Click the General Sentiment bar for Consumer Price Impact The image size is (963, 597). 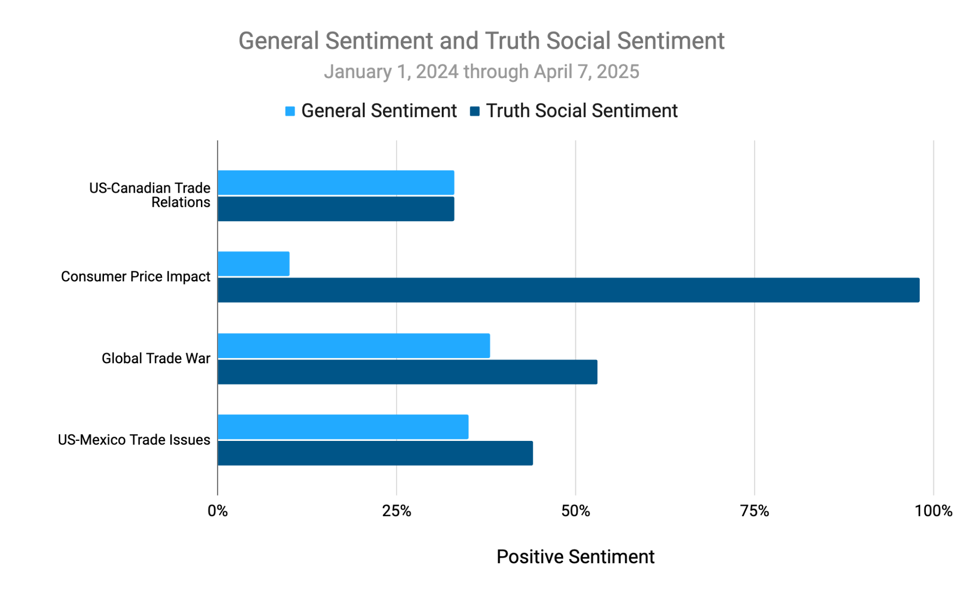coord(253,264)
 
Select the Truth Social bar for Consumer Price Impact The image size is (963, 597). coord(568,290)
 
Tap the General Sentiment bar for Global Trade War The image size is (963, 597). coord(354,345)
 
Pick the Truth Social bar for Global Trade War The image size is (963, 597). coord(407,372)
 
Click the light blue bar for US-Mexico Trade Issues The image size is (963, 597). coord(343,427)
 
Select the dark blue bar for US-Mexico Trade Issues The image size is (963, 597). coord(375,453)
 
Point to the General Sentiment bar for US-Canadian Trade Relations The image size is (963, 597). coord(336,183)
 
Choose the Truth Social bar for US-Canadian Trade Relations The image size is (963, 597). coord(336,209)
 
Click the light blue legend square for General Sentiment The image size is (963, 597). coord(290,111)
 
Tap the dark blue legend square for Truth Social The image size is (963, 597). coord(475,111)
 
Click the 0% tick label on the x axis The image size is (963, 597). coord(218,511)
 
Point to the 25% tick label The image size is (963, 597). coord(396,511)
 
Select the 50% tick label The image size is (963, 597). coord(576,511)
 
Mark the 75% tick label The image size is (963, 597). coord(754,511)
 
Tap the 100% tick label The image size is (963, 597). coord(933,511)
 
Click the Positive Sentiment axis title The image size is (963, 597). coord(575,557)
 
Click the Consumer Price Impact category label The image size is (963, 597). coord(135,277)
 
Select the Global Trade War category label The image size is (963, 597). coord(156,358)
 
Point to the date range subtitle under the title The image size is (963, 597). coord(481,72)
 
